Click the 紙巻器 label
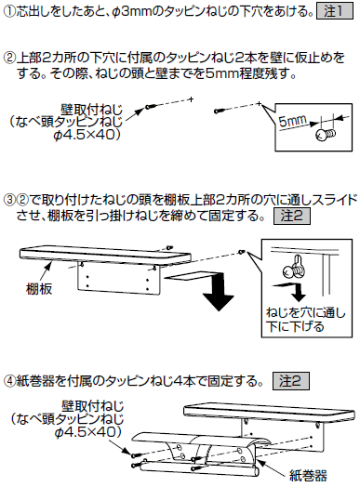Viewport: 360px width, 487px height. (x=309, y=475)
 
